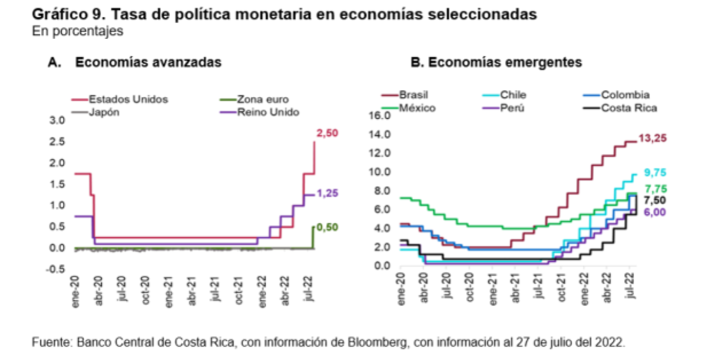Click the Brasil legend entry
tap(413, 94)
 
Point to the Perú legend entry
tap(512, 107)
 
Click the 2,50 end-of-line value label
tap(329, 135)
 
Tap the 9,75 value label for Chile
tap(653, 173)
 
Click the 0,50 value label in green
tap(329, 227)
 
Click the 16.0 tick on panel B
tap(379, 115)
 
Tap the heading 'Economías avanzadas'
tap(148, 62)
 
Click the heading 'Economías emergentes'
tap(504, 62)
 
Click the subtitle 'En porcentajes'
tap(78, 32)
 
